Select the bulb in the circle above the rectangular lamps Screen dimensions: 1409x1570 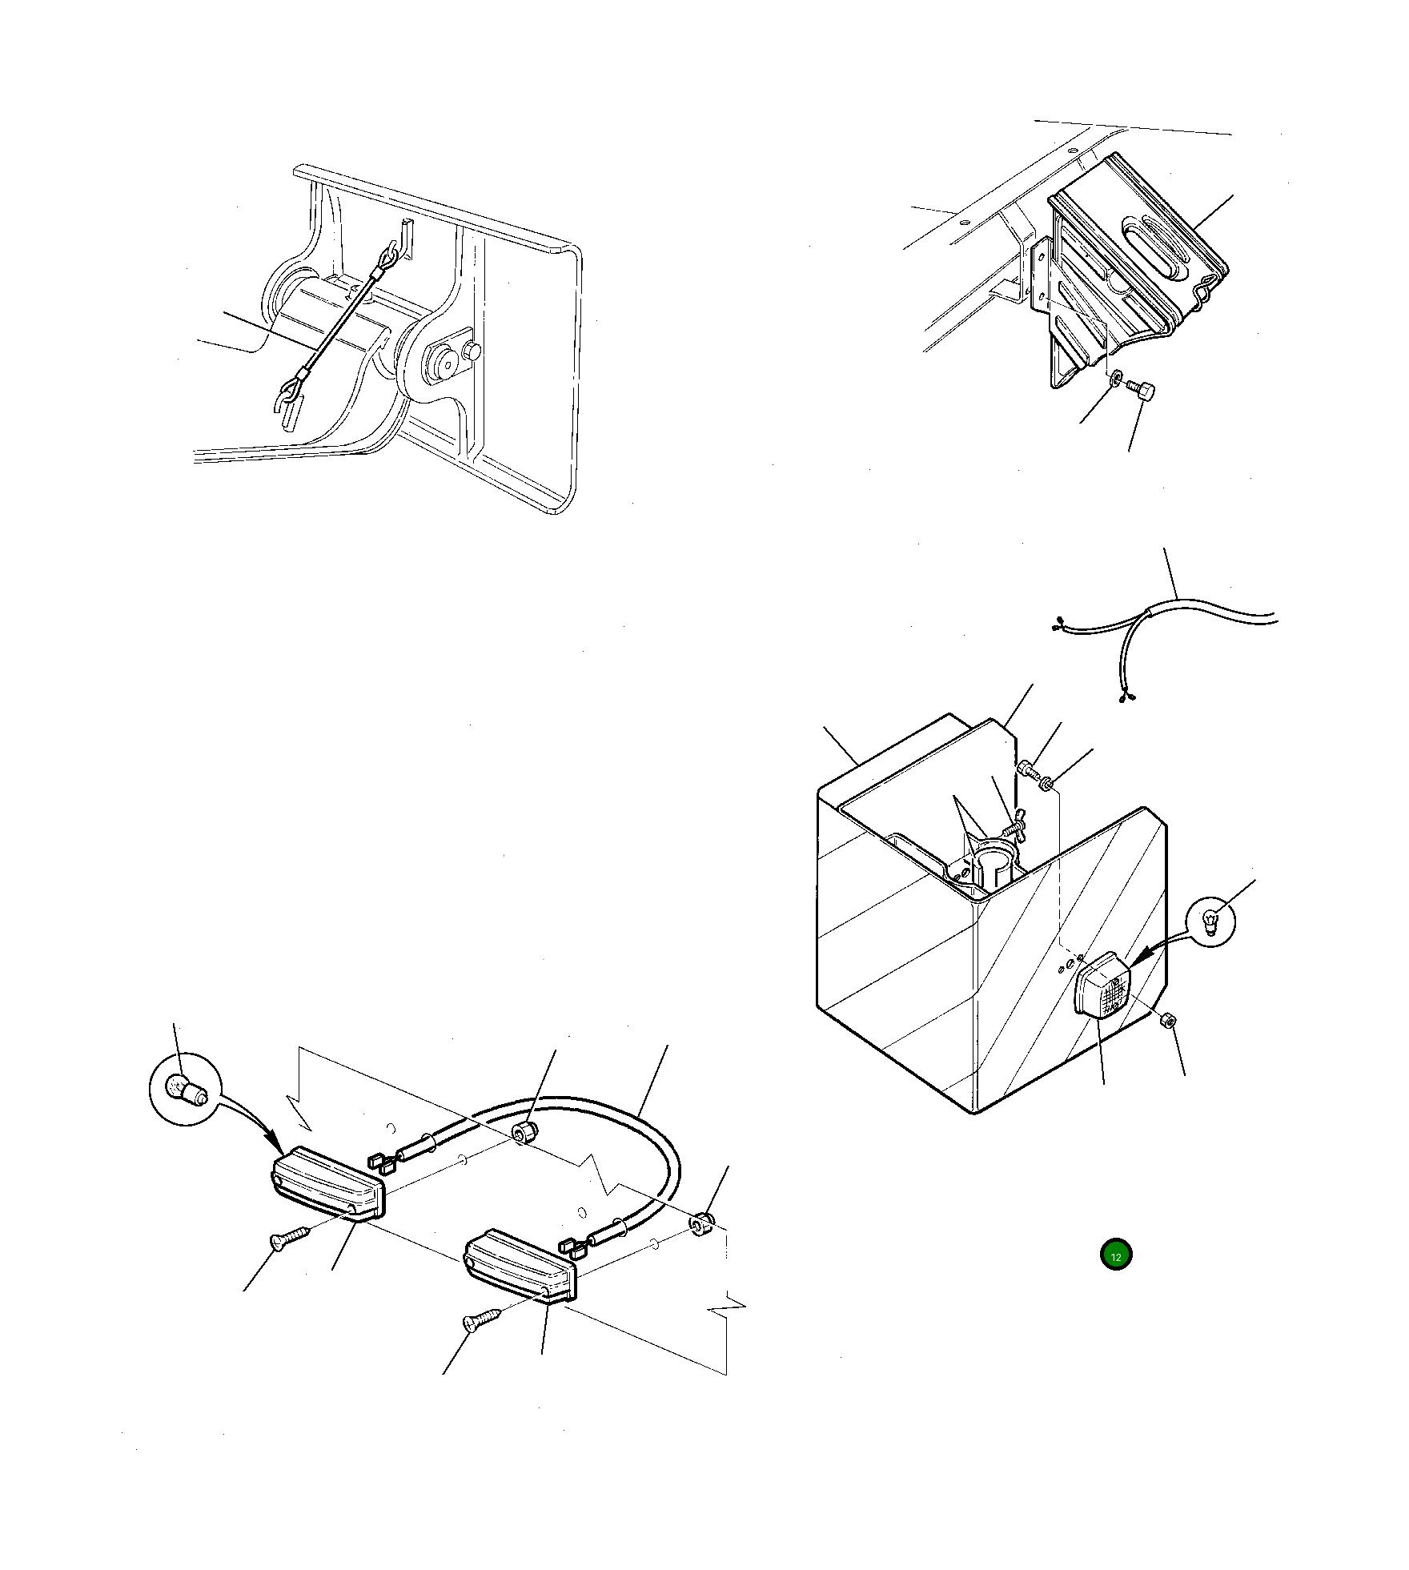(186, 1090)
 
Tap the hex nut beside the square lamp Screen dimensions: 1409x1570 (1167, 1021)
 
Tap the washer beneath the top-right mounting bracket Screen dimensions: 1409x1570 (1116, 376)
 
